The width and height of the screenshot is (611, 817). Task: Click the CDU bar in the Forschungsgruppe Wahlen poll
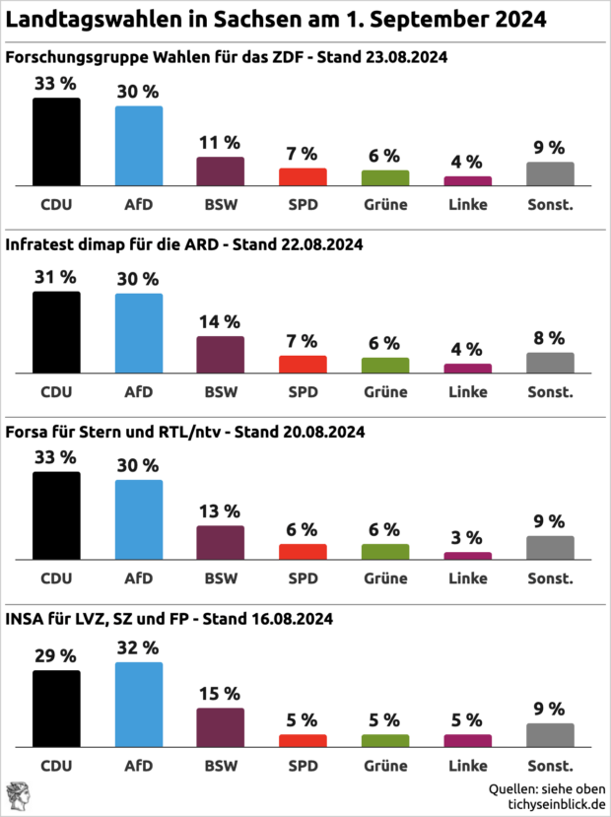(56, 142)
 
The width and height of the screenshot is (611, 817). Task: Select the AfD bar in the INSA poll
(139, 704)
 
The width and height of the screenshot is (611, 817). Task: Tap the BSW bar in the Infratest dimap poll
(220, 355)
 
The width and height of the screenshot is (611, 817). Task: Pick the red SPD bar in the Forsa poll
(303, 552)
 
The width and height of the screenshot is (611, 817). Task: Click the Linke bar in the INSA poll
(467, 740)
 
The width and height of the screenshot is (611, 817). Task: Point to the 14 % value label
(220, 321)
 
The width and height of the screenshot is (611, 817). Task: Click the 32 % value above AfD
(139, 647)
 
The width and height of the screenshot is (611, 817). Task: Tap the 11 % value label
(220, 142)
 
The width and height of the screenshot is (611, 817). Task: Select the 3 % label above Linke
(467, 537)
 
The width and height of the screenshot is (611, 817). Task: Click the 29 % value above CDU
(56, 655)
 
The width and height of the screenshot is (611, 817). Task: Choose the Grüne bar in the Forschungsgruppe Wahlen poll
(384, 178)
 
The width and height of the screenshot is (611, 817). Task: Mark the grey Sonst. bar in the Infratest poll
(550, 363)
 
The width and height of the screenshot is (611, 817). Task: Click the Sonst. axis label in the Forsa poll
(550, 579)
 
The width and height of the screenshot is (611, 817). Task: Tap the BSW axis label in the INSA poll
(220, 766)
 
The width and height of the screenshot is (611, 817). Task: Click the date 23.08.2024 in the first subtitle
(403, 57)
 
